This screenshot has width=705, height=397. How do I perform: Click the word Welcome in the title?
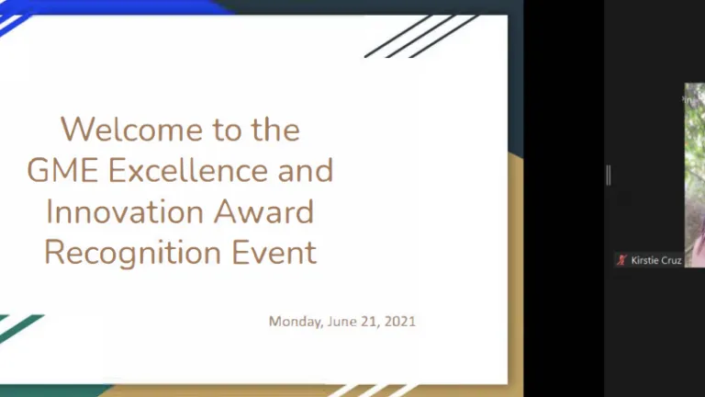click(x=132, y=130)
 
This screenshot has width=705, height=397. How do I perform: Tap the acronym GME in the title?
click(x=62, y=171)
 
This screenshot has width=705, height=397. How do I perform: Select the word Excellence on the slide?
click(x=188, y=171)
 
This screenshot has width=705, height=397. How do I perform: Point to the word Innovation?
click(x=125, y=211)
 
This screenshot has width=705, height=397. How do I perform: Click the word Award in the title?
click(x=263, y=211)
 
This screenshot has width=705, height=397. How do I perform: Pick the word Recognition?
click(x=132, y=254)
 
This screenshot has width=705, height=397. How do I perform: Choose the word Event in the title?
click(x=274, y=252)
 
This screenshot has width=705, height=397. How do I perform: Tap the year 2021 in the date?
click(x=400, y=322)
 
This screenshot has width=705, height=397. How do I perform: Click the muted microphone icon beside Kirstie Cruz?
click(x=621, y=260)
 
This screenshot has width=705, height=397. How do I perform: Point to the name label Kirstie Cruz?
click(x=656, y=260)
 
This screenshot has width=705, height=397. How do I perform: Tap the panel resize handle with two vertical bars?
click(x=609, y=176)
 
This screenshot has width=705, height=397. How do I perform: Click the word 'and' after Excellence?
click(x=306, y=171)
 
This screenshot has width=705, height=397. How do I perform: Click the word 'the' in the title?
click(x=275, y=130)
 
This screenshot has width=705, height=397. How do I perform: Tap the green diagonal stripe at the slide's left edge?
click(x=20, y=327)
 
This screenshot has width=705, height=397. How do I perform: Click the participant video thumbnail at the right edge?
click(x=695, y=176)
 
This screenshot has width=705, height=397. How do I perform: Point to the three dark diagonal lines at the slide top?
click(x=420, y=36)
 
